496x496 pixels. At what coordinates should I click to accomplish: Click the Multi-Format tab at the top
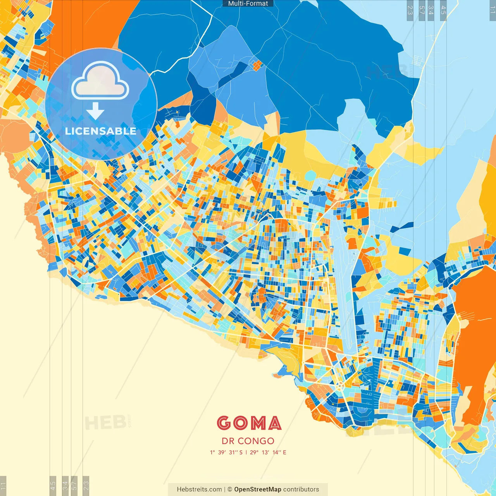pyautogui.click(x=248, y=3)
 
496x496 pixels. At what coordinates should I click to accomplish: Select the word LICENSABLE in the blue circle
pyautogui.click(x=101, y=131)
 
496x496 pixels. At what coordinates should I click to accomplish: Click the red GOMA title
pyautogui.click(x=249, y=423)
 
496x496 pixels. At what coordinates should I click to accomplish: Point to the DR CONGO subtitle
pyautogui.click(x=248, y=441)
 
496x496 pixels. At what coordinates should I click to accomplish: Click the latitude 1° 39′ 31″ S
pyautogui.click(x=226, y=452)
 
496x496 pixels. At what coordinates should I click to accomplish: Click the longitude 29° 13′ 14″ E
pyautogui.click(x=268, y=452)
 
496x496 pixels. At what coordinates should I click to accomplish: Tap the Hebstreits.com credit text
pyautogui.click(x=199, y=489)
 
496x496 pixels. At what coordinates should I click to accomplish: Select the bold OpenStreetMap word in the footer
pyautogui.click(x=257, y=489)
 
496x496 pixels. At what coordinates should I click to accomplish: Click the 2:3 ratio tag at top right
pyautogui.click(x=410, y=10)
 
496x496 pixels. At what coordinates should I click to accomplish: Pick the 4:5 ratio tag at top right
pyautogui.click(x=443, y=10)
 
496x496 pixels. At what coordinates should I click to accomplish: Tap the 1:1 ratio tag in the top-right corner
pyautogui.click(x=492, y=10)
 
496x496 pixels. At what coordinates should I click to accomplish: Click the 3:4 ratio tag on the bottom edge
pyautogui.click(x=65, y=485)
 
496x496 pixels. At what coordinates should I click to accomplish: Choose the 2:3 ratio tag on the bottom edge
pyautogui.click(x=86, y=485)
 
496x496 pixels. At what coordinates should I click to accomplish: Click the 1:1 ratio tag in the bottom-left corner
pyautogui.click(x=3, y=485)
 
